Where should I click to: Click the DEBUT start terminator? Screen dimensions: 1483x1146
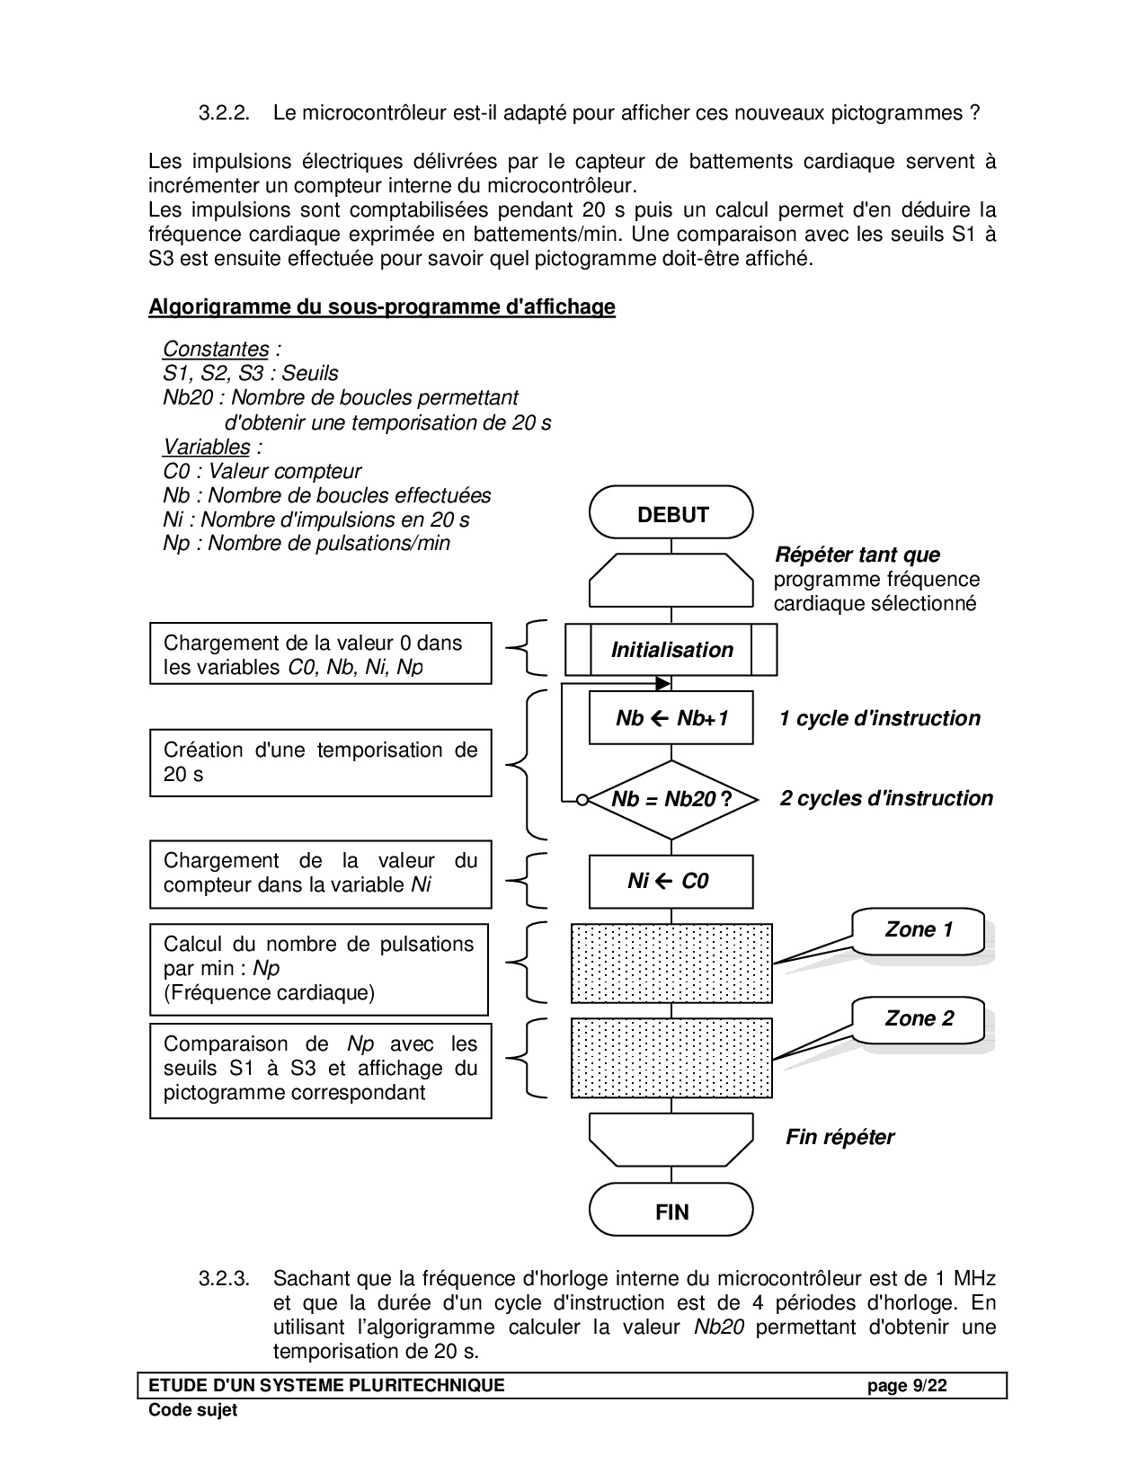pos(671,514)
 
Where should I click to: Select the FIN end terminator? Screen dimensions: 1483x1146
pos(671,1212)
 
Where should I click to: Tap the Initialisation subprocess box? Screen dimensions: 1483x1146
pos(671,650)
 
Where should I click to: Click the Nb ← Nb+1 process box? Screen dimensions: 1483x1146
pos(671,717)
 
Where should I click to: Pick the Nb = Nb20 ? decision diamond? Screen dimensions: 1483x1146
pos(671,799)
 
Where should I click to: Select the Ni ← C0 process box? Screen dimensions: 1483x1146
pos(671,881)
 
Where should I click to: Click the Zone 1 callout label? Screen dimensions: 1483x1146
pos(918,929)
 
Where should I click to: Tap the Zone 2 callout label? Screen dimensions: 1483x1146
pos(918,1018)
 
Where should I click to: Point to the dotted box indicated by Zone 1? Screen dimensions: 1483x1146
pos(671,963)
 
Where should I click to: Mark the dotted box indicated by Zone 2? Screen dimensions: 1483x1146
pos(671,1057)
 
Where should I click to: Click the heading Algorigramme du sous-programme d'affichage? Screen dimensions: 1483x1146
pos(381,306)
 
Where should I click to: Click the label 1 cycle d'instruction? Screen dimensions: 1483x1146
pos(879,718)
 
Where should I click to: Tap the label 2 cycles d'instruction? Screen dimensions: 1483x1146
pos(885,798)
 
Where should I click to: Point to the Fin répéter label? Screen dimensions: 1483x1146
pos(840,1137)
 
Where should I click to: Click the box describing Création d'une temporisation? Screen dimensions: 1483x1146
pos(320,762)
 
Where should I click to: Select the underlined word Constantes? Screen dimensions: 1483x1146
pos(216,349)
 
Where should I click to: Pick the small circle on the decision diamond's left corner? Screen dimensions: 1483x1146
pos(582,799)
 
